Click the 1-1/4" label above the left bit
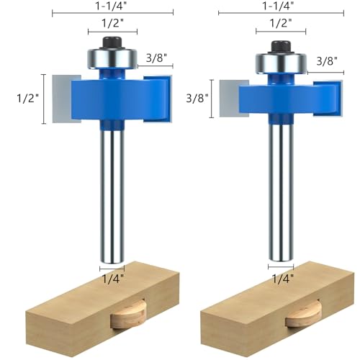(112, 6)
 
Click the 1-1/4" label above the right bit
(279, 6)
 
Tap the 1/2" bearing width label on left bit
(113, 24)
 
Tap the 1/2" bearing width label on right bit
(281, 24)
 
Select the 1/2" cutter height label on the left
(27, 99)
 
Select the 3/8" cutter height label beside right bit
(197, 99)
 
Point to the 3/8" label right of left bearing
(156, 58)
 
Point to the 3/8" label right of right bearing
(327, 61)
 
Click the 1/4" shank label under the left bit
(113, 279)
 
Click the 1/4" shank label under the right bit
(283, 279)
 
